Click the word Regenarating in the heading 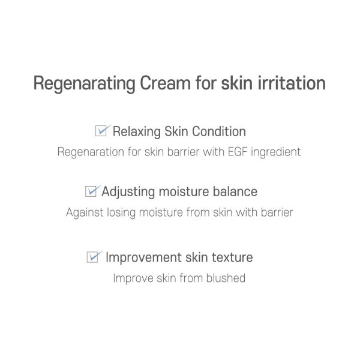tap(84, 83)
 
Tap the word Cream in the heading tap(166, 83)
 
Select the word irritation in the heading tap(292, 83)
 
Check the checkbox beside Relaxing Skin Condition tap(101, 131)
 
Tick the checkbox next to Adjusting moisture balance tap(91, 191)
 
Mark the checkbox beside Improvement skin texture tap(92, 257)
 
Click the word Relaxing tap(137, 132)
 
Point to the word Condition tap(219, 131)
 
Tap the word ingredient tap(276, 152)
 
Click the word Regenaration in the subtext tap(91, 152)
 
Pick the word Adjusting tap(128, 192)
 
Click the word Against tap(85, 213)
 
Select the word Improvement tap(144, 257)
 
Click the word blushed tap(226, 278)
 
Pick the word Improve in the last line tap(133, 278)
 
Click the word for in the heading tap(206, 83)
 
